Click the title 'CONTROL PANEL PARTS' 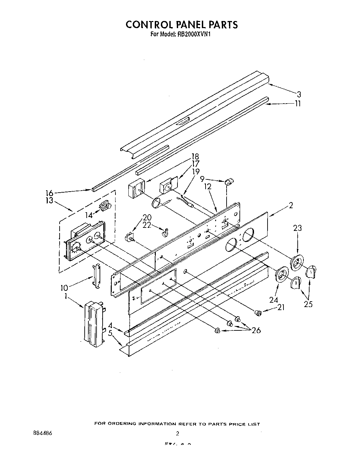pyautogui.click(x=182, y=24)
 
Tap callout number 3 pyautogui.click(x=298, y=94)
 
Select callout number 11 pyautogui.click(x=297, y=104)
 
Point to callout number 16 pyautogui.click(x=49, y=193)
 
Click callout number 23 pyautogui.click(x=297, y=228)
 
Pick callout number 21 pyautogui.click(x=280, y=307)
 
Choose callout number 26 pyautogui.click(x=256, y=330)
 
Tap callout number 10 pyautogui.click(x=64, y=288)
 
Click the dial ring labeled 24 pyautogui.click(x=281, y=274)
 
